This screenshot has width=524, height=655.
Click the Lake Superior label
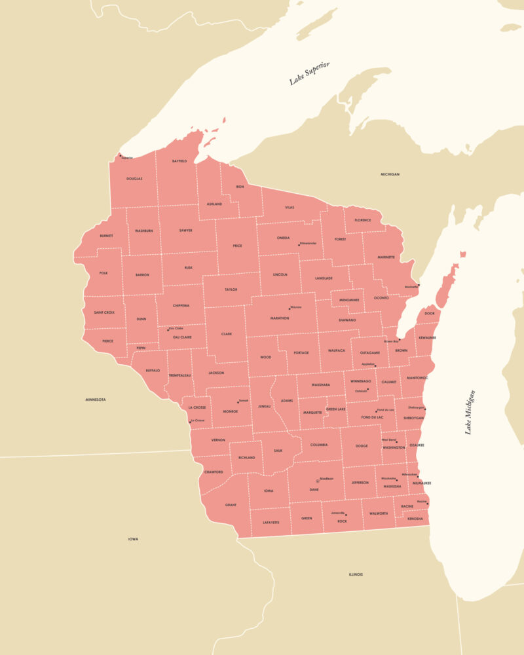[309, 73]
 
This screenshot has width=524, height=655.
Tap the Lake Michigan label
[469, 412]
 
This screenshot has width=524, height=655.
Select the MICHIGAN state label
[390, 174]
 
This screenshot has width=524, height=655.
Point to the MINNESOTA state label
[96, 400]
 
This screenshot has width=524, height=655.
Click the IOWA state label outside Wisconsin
[133, 539]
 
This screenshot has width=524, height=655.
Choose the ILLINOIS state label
[356, 574]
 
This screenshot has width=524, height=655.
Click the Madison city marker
[318, 481]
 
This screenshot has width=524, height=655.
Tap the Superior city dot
[120, 155]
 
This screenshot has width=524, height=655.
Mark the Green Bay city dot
[399, 340]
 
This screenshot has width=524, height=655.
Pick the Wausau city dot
[290, 308]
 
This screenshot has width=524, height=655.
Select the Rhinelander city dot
[299, 245]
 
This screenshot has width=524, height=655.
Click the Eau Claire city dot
[168, 330]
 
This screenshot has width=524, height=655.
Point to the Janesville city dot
[346, 515]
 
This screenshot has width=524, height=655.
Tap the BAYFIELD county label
[179, 160]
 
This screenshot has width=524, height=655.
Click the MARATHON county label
[280, 318]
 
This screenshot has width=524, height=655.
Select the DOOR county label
[430, 313]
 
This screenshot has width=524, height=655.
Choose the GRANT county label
[231, 505]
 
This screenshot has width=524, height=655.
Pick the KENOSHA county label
[415, 519]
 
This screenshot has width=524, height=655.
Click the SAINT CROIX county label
[104, 312]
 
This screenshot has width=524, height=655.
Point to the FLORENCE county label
[363, 220]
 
